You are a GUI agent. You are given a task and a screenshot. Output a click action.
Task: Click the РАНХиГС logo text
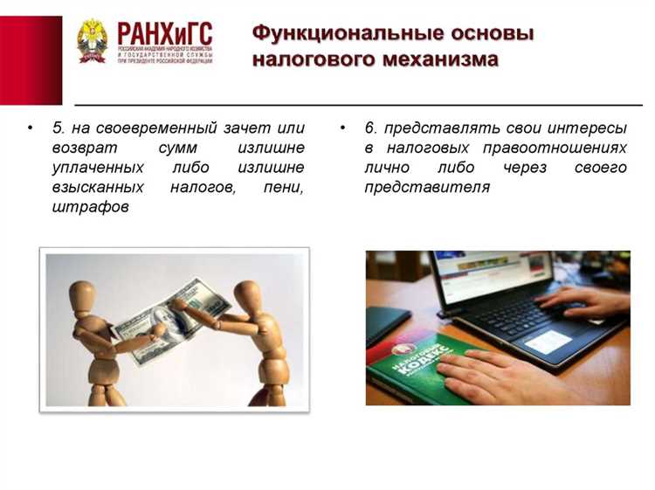164,36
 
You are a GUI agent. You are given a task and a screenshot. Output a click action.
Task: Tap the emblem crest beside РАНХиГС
92,40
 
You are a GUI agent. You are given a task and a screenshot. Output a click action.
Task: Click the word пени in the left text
285,187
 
